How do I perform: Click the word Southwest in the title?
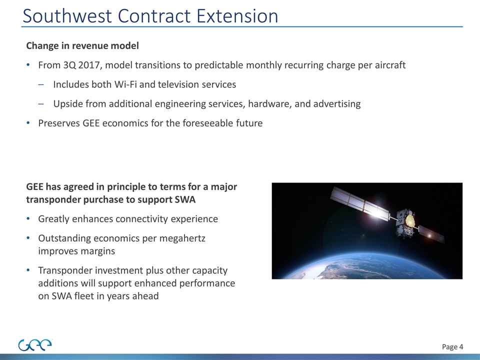click(x=67, y=16)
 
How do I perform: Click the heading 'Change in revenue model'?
click(x=82, y=45)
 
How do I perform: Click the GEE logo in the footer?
click(x=35, y=345)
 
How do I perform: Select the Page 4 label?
click(x=452, y=347)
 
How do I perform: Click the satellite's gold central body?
click(x=409, y=220)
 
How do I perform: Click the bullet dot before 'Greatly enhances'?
click(x=28, y=219)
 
